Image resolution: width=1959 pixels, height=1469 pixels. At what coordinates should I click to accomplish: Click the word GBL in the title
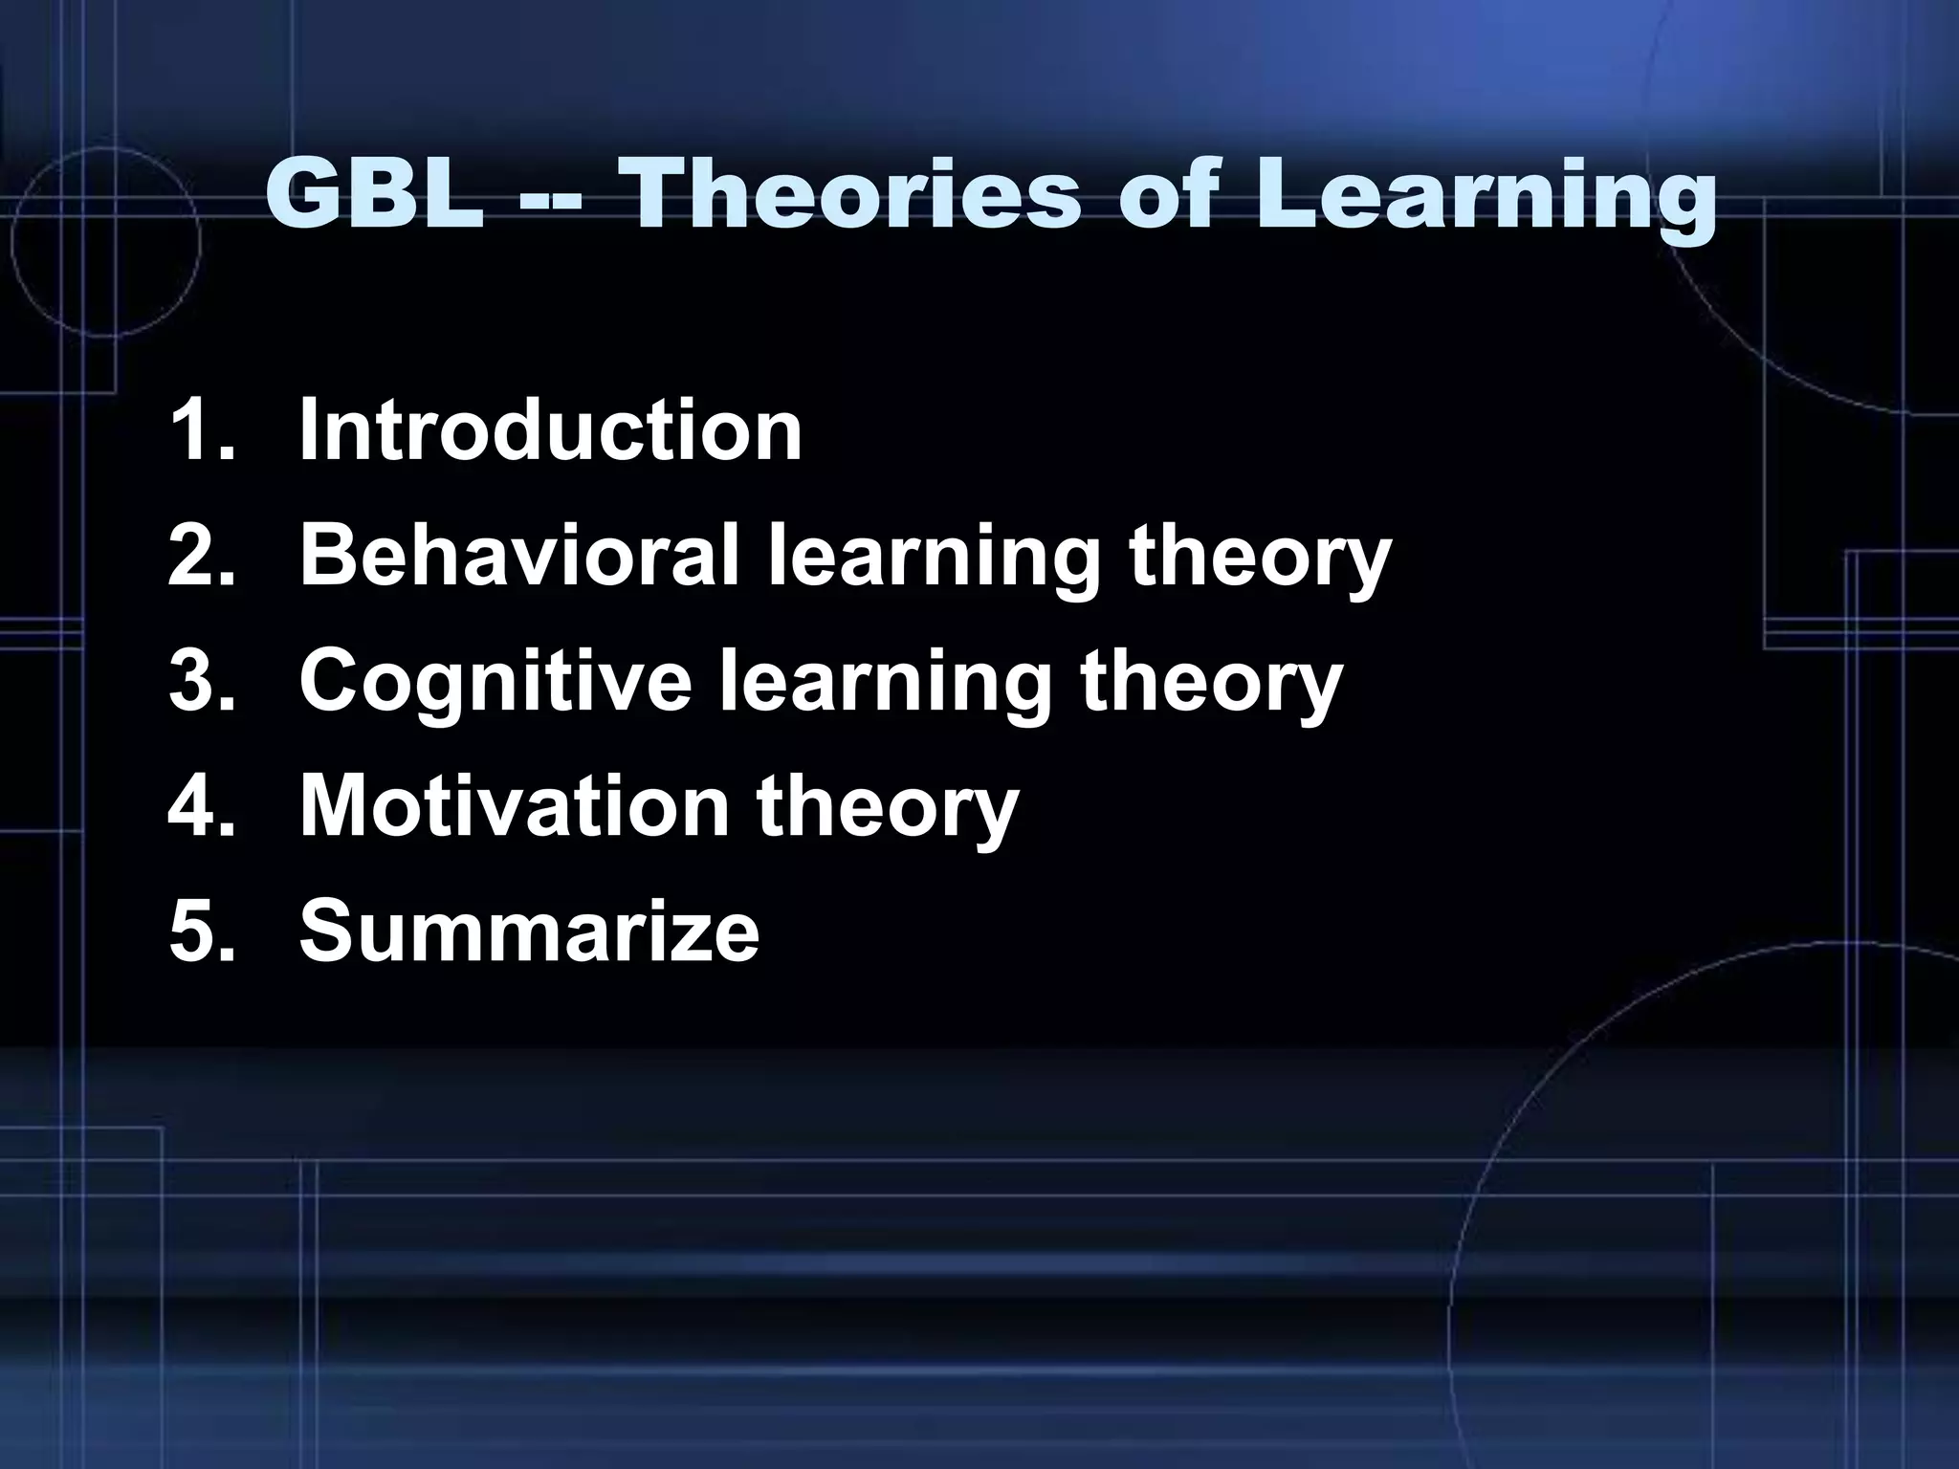click(x=374, y=195)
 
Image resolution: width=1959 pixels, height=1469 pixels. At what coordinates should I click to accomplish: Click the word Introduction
click(x=550, y=430)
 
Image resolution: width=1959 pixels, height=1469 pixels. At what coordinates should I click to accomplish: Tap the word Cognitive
click(x=495, y=680)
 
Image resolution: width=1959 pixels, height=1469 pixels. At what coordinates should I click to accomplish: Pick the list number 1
click(x=200, y=430)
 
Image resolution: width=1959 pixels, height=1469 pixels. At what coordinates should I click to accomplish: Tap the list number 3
click(x=200, y=680)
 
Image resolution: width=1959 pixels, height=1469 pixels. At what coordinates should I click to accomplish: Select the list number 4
click(x=200, y=805)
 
